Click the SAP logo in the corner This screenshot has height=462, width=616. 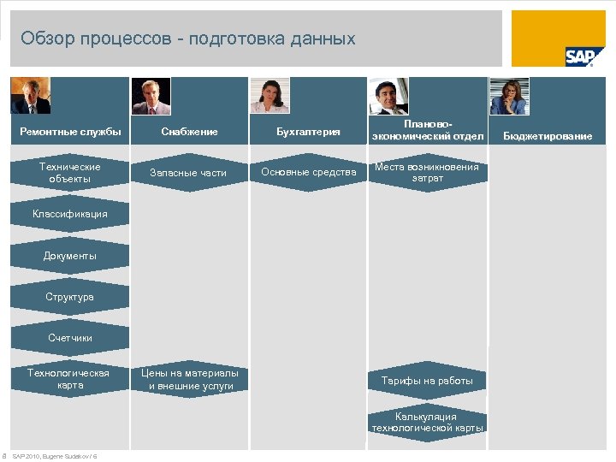pos(578,56)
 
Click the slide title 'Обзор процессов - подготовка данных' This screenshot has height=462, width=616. pos(187,38)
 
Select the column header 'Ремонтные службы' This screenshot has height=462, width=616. pos(70,132)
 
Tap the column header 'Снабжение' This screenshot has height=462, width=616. pos(189,132)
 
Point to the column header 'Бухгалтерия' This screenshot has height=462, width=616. pos(308,132)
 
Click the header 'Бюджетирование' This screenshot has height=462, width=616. pos(547,136)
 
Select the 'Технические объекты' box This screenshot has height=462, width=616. pos(70,173)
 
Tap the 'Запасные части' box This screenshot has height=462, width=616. pos(188,173)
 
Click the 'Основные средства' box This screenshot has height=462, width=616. pos(308,173)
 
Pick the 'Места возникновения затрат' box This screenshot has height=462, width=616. pos(427,173)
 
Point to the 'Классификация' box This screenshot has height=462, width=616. pos(70,214)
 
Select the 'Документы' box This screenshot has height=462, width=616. pos(70,256)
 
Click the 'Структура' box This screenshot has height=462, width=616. pos(70,297)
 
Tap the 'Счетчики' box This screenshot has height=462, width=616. pos(70,338)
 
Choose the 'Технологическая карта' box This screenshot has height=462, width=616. pos(70,379)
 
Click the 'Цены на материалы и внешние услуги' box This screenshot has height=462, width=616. pos(188,379)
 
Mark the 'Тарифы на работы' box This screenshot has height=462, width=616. pos(427,380)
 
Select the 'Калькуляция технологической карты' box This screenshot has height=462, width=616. pos(427,423)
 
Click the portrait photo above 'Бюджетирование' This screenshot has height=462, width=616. pos(508,97)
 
